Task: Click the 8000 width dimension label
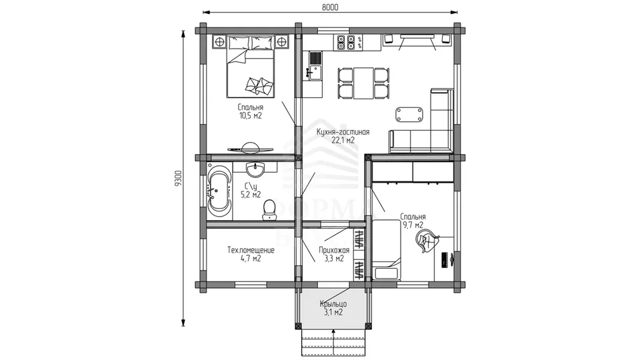coord(330,7)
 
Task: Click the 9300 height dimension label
coord(177,179)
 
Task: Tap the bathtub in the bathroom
coord(219,191)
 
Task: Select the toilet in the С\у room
coord(269,210)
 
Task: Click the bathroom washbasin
coord(255,169)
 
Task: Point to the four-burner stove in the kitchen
coord(345,43)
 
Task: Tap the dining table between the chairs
coord(363,83)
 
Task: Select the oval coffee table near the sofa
coord(409,114)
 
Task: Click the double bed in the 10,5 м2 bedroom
coord(250,67)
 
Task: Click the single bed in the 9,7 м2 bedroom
coord(386,249)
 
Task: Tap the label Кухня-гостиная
coord(343,132)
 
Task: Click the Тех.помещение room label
coord(251,250)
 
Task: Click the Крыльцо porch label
coord(333,304)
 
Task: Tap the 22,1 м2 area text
coord(343,141)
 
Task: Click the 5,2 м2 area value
coord(251,195)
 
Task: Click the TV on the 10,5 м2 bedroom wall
coord(250,148)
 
